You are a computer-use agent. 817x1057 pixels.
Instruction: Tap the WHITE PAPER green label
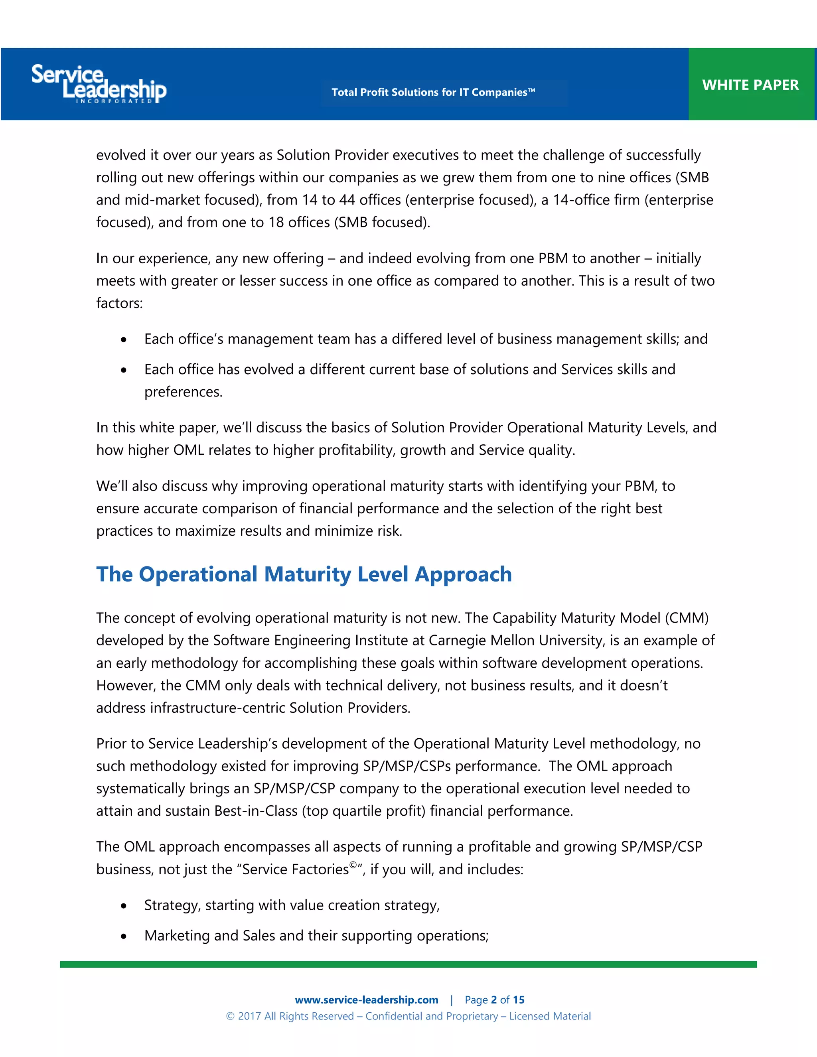coord(750,85)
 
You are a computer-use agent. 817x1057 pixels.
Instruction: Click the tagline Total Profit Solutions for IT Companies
coord(433,93)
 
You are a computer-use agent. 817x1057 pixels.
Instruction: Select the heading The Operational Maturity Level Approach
coord(304,574)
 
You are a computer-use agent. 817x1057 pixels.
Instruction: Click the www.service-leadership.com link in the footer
coord(366,1000)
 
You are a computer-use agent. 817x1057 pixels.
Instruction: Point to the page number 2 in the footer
coord(494,1000)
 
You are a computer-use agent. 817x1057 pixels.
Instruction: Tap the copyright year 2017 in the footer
coord(249,1016)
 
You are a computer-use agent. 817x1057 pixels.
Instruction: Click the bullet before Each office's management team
coord(124,340)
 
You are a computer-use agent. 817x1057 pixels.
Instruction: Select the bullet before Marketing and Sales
coord(124,937)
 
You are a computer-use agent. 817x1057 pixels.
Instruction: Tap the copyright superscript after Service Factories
coord(353,864)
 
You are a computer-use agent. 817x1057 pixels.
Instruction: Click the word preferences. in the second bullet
coord(183,392)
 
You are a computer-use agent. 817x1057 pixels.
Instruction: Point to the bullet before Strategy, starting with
coord(124,906)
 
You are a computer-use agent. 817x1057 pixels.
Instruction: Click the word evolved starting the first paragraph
coord(120,155)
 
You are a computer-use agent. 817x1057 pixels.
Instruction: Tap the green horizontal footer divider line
coord(408,964)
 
